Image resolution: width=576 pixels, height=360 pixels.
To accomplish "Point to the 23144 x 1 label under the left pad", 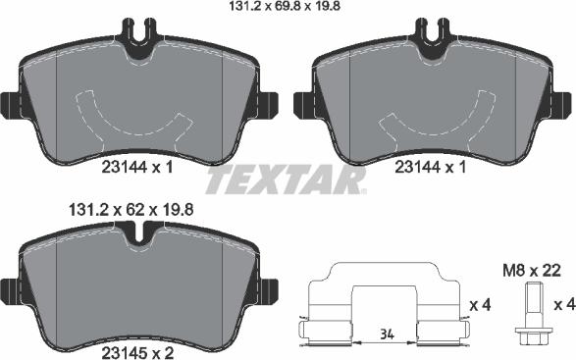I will click(x=137, y=167).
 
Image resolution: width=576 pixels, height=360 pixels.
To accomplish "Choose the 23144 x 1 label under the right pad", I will click(x=431, y=167).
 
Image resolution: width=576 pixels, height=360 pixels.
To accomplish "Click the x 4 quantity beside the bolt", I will click(x=564, y=306).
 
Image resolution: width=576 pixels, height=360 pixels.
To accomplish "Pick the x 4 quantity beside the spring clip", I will click(x=480, y=306).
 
